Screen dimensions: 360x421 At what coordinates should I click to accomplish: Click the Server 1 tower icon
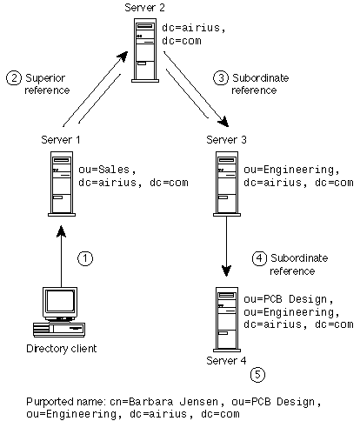[x=62, y=184]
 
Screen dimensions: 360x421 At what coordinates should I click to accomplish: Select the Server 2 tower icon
[x=145, y=50]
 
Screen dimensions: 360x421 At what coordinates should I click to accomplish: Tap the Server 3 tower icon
[x=227, y=184]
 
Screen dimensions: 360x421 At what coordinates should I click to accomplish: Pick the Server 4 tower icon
[x=227, y=319]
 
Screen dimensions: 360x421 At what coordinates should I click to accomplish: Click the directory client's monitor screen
[x=60, y=301]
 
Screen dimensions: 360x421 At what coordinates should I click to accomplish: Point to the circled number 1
[x=85, y=258]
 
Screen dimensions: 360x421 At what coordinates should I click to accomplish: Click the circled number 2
[x=14, y=77]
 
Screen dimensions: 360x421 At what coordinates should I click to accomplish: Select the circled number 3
[x=221, y=77]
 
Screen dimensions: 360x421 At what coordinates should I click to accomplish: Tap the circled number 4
[x=259, y=258]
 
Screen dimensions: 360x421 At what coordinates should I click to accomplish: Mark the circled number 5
[x=257, y=375]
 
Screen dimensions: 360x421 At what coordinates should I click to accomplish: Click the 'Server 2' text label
[x=144, y=8]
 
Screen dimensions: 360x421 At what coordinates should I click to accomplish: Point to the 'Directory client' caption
[x=62, y=348]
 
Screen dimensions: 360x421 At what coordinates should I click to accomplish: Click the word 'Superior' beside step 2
[x=45, y=78]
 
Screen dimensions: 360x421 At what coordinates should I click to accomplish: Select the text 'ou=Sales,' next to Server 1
[x=107, y=170]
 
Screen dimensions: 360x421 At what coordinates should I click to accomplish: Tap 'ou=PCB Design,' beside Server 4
[x=289, y=299]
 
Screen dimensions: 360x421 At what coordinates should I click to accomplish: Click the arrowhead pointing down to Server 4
[x=226, y=271]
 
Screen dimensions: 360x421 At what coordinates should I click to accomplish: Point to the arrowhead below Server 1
[x=61, y=231]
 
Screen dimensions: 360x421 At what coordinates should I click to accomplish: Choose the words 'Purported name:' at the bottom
[x=65, y=402]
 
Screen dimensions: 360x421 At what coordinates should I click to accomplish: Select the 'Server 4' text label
[x=226, y=361]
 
